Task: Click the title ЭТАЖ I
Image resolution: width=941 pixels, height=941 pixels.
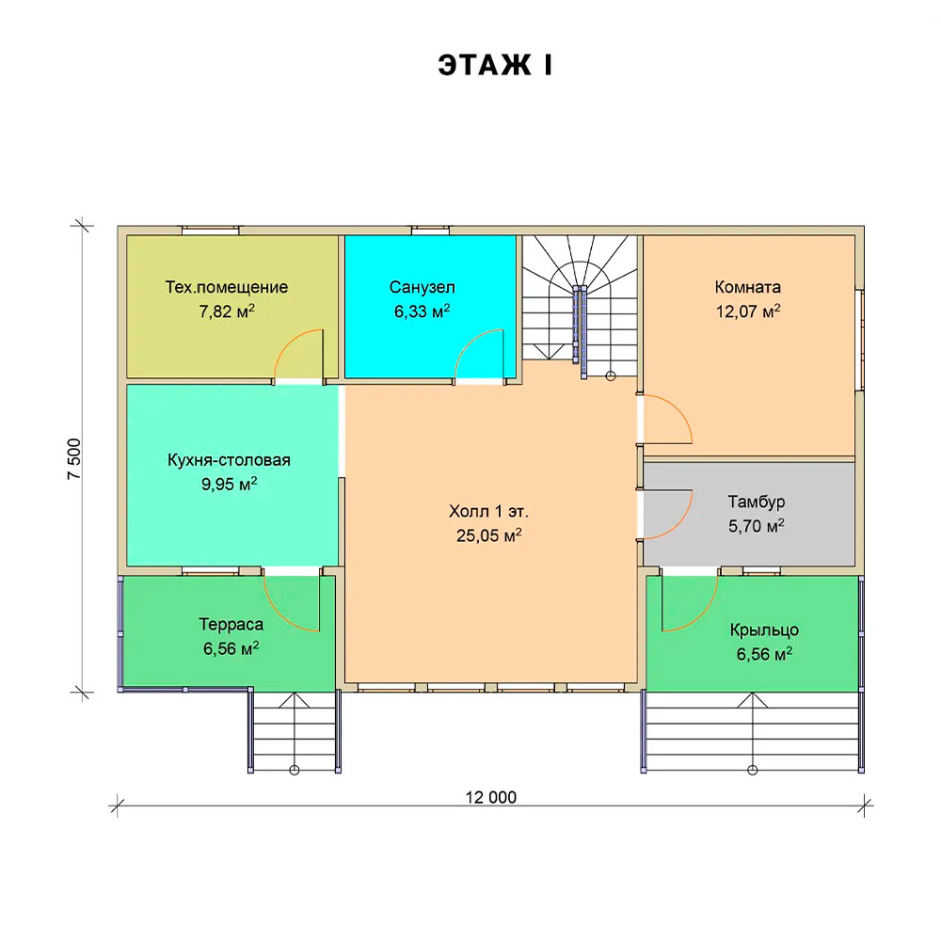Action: tap(495, 65)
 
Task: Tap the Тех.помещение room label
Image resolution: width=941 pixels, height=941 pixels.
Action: tap(227, 287)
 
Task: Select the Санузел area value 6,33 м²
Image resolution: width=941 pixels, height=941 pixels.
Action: tap(422, 311)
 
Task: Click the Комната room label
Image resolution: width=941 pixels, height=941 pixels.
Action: tap(748, 287)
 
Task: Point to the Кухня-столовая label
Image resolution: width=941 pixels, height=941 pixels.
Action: tap(229, 460)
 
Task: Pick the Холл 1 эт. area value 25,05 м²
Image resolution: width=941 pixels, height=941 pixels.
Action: tap(488, 534)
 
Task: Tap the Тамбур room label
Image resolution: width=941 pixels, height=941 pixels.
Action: tap(757, 502)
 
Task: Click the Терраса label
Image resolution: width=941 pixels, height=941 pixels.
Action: tap(231, 624)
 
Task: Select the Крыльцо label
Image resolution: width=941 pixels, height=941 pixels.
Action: tap(764, 630)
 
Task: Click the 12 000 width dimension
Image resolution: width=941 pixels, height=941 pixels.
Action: tap(491, 797)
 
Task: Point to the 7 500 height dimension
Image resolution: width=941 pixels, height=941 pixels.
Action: tap(73, 459)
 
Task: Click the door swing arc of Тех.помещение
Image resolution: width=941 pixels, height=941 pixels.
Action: tap(289, 343)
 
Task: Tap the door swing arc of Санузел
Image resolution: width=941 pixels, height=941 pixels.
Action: tap(470, 343)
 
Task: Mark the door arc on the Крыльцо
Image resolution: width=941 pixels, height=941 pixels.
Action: tap(704, 615)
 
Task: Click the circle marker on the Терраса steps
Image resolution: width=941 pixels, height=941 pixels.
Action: tap(294, 770)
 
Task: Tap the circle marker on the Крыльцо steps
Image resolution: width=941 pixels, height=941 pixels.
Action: tap(753, 770)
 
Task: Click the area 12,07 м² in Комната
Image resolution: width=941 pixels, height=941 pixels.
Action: tap(748, 311)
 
